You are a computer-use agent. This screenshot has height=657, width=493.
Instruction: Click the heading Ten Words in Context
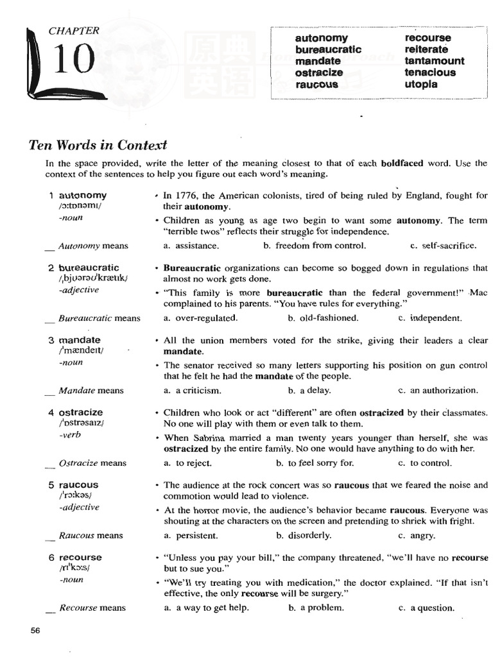point(98,144)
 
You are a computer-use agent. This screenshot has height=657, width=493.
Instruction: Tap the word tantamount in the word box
point(434,61)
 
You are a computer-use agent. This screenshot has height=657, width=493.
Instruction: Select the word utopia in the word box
point(421,84)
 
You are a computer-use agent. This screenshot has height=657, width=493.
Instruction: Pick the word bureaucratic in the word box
point(328,49)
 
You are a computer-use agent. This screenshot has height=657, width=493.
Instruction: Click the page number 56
point(35,630)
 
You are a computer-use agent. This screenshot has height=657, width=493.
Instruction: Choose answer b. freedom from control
point(315,245)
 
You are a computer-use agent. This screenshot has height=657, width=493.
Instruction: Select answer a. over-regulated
point(200,318)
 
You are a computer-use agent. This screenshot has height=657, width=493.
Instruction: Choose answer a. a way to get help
point(206,608)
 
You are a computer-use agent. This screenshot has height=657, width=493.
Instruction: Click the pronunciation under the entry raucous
point(75,496)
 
